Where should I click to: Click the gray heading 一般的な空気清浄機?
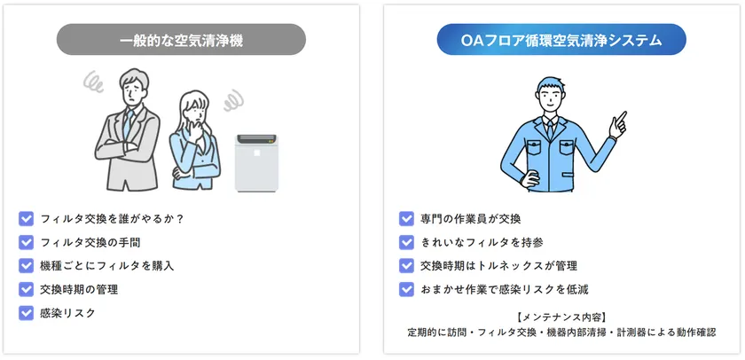click(x=181, y=40)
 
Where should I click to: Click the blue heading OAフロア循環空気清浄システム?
click(x=561, y=40)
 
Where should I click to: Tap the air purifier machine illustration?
click(x=256, y=163)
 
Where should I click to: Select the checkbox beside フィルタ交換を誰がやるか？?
click(x=26, y=219)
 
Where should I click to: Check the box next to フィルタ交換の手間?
click(x=26, y=242)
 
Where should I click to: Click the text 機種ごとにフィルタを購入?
click(x=107, y=265)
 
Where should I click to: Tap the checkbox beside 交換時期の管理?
click(x=26, y=289)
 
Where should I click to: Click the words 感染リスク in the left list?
click(x=68, y=313)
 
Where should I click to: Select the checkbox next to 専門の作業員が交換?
click(x=406, y=219)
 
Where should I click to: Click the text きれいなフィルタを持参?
click(x=482, y=243)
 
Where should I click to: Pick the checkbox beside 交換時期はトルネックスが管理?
click(x=406, y=265)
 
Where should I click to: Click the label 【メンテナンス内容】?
click(x=561, y=317)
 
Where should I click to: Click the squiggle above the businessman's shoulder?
click(x=92, y=82)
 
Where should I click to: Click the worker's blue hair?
click(x=550, y=84)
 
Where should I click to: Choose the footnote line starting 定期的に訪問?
click(x=561, y=332)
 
